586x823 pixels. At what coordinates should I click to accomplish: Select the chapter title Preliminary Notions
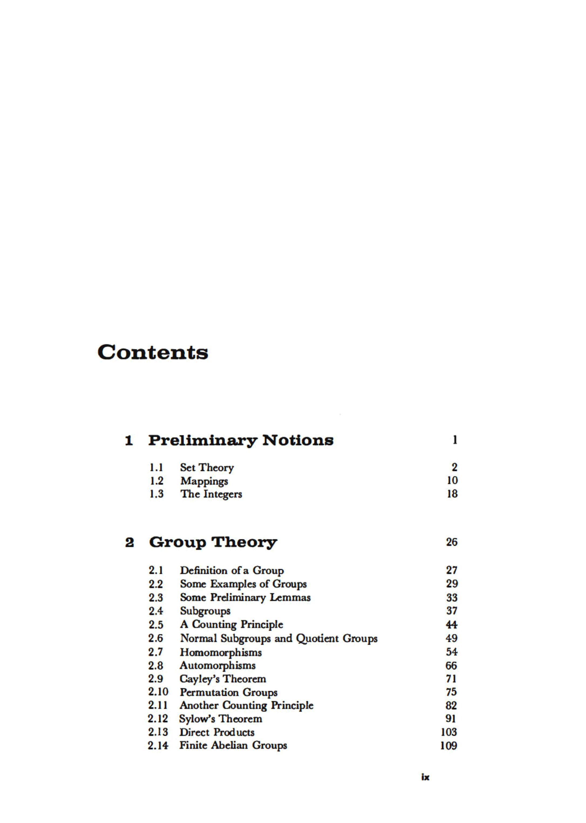point(241,440)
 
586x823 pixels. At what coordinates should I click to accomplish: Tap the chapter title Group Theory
point(213,542)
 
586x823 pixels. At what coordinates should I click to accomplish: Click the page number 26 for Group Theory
point(451,542)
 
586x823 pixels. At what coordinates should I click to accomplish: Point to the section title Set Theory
point(207,467)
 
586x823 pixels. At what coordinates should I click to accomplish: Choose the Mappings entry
point(204,481)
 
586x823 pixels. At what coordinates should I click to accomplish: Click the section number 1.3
point(156,494)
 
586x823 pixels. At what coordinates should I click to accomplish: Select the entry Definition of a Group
point(232,571)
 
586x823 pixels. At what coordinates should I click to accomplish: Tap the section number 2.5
point(156,624)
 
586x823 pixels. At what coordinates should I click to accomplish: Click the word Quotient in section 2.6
point(318,639)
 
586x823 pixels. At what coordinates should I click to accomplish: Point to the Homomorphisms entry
point(220,652)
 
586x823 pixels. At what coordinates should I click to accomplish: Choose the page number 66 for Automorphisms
point(451,666)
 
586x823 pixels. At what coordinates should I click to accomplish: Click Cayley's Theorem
point(223,679)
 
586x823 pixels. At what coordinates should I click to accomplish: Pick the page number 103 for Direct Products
point(448,732)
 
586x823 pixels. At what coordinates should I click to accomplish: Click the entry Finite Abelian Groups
point(233,745)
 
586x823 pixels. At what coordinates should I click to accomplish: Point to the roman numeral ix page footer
point(425,777)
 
